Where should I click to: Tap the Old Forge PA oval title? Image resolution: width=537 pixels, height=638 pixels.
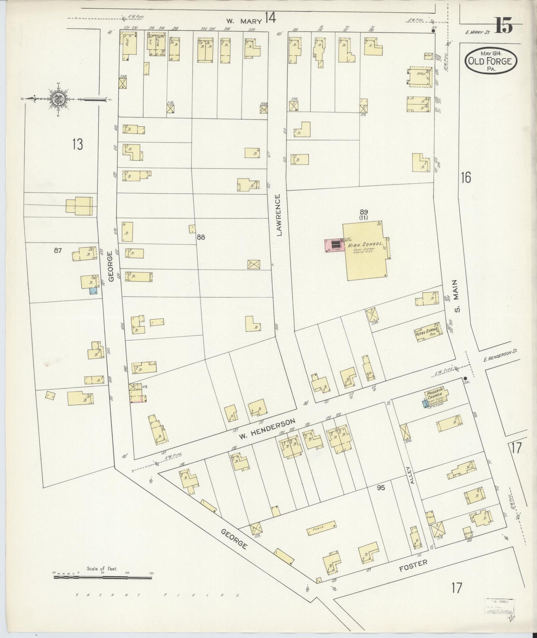point(491,60)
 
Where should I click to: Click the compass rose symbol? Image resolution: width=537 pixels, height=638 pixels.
point(59,99)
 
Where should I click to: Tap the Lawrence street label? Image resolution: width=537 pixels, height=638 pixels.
point(279,215)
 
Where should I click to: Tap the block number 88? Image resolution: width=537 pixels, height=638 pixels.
point(201,237)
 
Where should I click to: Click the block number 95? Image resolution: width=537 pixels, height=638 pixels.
point(381,487)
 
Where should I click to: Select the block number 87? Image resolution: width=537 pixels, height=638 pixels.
point(58,251)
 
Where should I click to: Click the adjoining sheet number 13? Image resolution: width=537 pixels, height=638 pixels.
point(77,144)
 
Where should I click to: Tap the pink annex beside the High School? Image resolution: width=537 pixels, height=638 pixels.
point(333,245)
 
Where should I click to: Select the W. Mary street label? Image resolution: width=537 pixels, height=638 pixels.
point(244,21)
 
